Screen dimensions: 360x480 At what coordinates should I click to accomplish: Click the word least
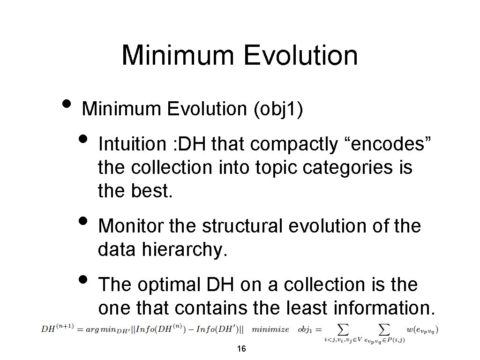(x=302, y=307)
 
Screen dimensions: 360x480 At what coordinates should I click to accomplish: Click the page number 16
(x=242, y=349)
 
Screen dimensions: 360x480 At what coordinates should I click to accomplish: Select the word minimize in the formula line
(x=270, y=329)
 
